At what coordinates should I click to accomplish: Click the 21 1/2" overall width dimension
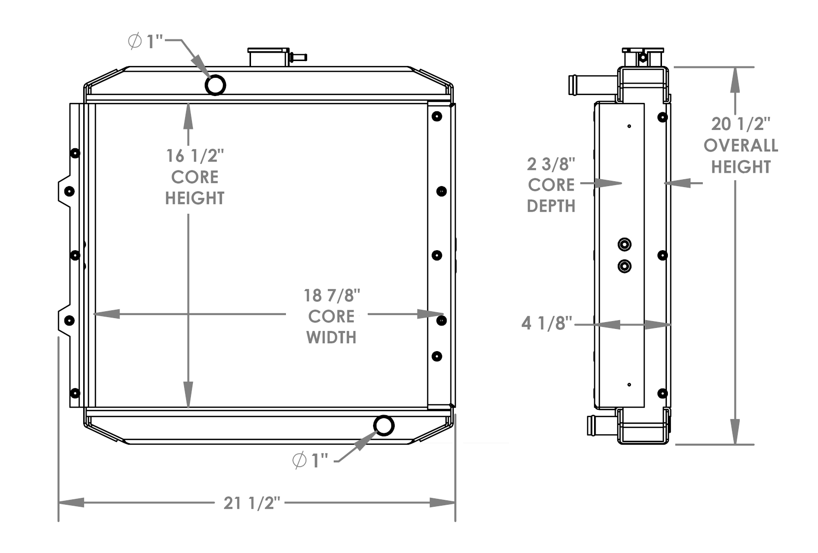pos(252,503)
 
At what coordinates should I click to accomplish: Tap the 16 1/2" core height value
pos(195,156)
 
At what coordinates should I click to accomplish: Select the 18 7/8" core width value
pos(332,295)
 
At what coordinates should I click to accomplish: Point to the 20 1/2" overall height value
pos(740,124)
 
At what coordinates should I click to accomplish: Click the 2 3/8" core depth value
pos(551,164)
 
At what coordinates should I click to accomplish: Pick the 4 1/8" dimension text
pos(547,324)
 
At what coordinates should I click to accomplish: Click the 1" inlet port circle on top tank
pos(215,85)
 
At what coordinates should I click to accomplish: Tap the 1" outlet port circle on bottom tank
pos(384,425)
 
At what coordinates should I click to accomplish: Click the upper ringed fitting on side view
pos(625,244)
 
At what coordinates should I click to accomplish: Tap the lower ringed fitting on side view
pos(625,266)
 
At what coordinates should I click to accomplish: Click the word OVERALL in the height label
pos(741,146)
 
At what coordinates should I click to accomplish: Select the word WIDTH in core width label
pos(331,337)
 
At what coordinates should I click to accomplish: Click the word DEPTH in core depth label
pos(551,206)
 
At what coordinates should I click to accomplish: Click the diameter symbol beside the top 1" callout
pos(135,41)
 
